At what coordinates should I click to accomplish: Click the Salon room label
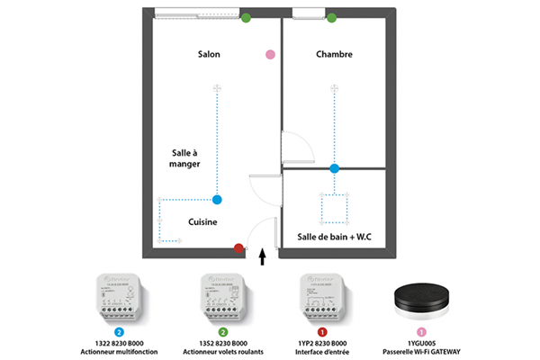pyautogui.click(x=209, y=55)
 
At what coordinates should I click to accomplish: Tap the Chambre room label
pyautogui.click(x=334, y=55)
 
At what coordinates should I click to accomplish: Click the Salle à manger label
pyautogui.click(x=185, y=159)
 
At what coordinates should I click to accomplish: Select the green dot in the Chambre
pyautogui.click(x=332, y=17)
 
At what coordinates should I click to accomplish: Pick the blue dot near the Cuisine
pyautogui.click(x=217, y=199)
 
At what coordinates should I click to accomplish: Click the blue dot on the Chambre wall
pyautogui.click(x=334, y=168)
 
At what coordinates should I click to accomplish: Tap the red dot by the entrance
pyautogui.click(x=238, y=247)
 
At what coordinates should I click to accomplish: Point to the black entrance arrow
pyautogui.click(x=263, y=258)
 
